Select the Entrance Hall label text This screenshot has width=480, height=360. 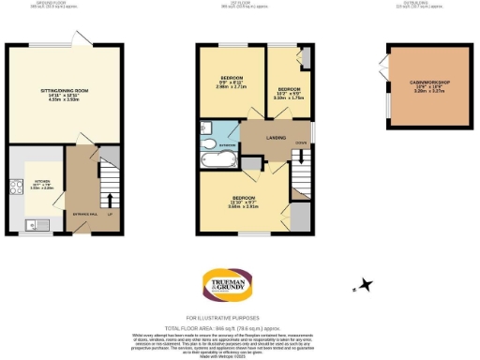(85, 215)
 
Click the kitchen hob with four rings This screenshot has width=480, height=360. (15, 186)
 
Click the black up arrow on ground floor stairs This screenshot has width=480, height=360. (111, 200)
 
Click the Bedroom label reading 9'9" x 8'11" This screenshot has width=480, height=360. (232, 81)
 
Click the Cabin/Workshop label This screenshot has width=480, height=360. (430, 87)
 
